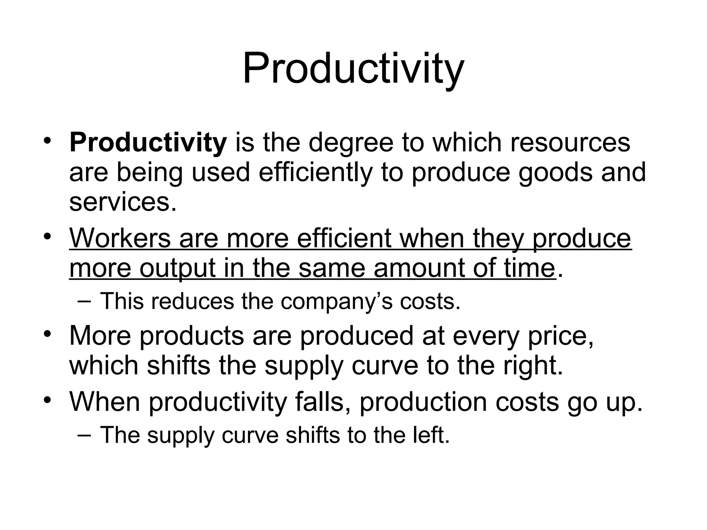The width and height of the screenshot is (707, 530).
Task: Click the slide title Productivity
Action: click(x=353, y=69)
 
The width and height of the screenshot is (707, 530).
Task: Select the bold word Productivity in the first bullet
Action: click(x=148, y=143)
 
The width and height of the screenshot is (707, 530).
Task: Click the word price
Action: click(x=561, y=336)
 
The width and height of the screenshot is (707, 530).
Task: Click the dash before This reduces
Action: click(x=85, y=301)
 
